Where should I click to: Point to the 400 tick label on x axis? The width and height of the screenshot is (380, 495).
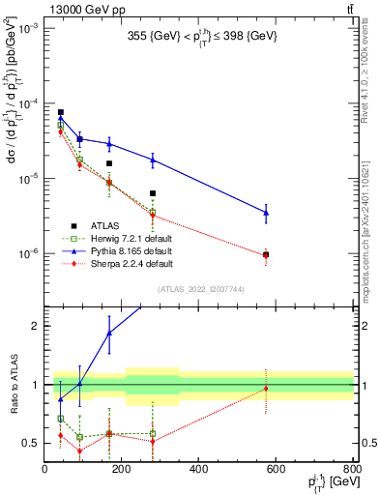[199, 469]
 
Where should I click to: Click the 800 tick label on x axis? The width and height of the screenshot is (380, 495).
[352, 469]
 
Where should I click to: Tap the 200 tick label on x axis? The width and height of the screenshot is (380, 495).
[122, 469]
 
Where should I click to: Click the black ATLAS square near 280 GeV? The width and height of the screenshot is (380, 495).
[153, 193]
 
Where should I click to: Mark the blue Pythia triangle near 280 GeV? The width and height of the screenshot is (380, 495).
[153, 160]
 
